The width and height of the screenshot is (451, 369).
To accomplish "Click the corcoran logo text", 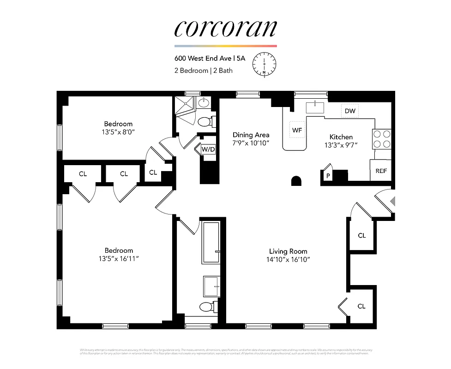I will click(x=225, y=28).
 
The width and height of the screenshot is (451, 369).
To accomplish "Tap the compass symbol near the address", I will click(x=264, y=64).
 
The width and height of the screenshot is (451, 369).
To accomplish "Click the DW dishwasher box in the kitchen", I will click(x=349, y=111).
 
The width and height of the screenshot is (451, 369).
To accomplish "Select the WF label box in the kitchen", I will click(x=297, y=130).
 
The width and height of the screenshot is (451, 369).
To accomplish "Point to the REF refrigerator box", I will click(x=381, y=170).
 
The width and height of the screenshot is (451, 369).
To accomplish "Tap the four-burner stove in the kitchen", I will click(x=382, y=139).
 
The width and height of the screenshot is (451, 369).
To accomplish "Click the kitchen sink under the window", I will click(x=314, y=107).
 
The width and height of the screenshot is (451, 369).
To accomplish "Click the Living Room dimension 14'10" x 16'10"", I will click(x=289, y=259).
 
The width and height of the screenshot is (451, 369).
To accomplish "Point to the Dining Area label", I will click(x=250, y=135).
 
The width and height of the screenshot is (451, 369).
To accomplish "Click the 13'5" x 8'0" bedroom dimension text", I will click(x=118, y=132).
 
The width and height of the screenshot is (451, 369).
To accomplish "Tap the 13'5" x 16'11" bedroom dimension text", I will click(x=118, y=258).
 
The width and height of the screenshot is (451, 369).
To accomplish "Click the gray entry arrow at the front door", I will click(x=393, y=201).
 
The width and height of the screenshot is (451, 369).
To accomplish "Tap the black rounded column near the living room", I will click(x=296, y=181).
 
